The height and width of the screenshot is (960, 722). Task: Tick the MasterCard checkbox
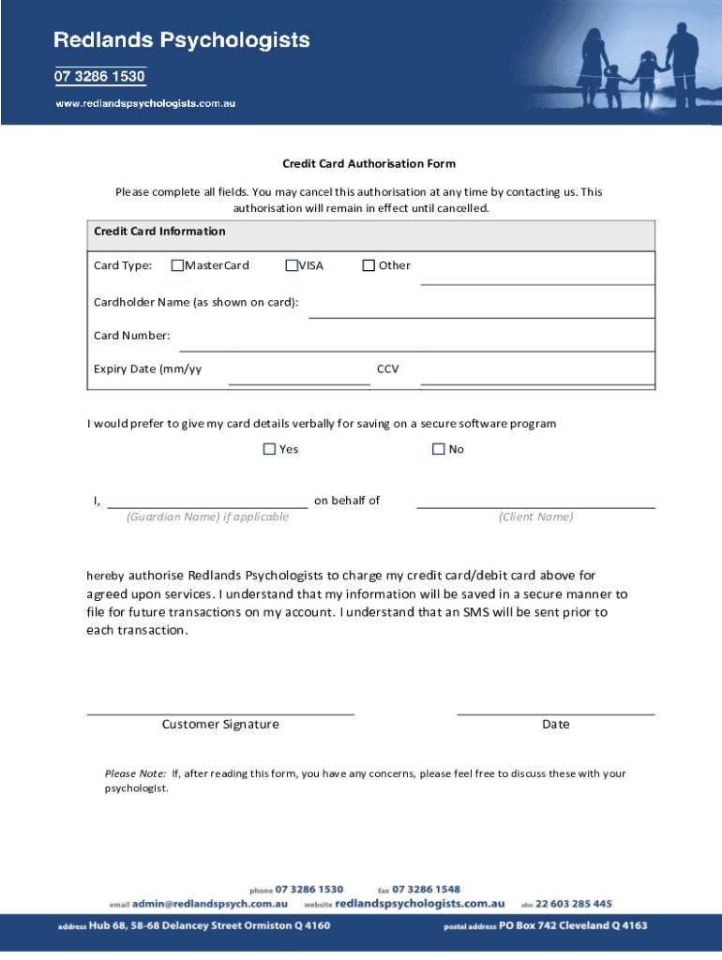click(x=177, y=265)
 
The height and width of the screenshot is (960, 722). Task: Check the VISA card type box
click(x=292, y=265)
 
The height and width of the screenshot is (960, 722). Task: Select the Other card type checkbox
click(x=369, y=265)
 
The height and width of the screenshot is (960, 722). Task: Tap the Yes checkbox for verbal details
click(x=269, y=449)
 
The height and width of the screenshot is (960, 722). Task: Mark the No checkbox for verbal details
click(x=438, y=449)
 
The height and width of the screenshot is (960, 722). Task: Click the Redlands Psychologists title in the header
click(x=181, y=40)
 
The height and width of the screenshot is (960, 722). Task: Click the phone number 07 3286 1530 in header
click(x=99, y=77)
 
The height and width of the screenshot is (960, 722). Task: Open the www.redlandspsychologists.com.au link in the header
click(x=145, y=103)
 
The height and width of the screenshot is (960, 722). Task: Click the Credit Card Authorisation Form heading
click(x=356, y=163)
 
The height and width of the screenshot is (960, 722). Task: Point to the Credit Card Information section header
click(x=159, y=232)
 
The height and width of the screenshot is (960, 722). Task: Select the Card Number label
click(x=131, y=336)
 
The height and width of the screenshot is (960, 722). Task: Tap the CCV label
click(x=387, y=369)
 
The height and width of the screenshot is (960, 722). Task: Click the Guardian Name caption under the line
click(x=207, y=517)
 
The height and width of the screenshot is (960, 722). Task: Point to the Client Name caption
click(x=535, y=517)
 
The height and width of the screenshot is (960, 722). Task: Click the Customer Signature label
click(x=220, y=725)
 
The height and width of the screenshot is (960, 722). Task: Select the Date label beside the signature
click(x=555, y=725)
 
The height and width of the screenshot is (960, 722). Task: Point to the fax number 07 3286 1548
click(x=426, y=889)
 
